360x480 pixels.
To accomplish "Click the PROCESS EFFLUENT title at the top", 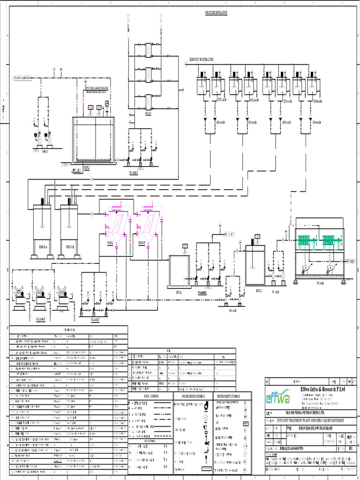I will click(216, 13).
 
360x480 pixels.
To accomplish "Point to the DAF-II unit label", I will click(141, 243).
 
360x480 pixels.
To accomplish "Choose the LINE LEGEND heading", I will click(152, 397).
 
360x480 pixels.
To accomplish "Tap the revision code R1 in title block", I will click(350, 448).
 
